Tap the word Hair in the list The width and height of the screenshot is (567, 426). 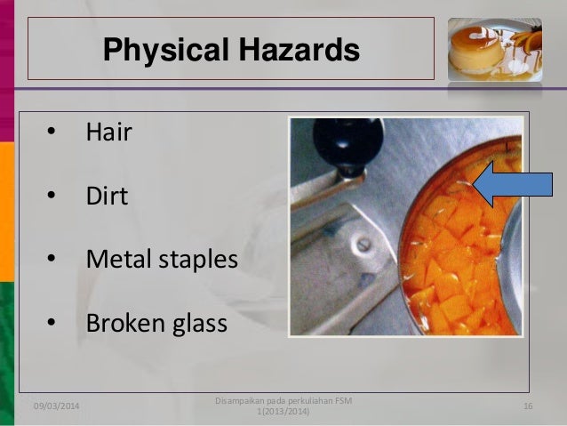[x=108, y=133]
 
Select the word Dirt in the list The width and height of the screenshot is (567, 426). [x=107, y=196]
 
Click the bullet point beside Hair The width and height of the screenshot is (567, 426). [x=52, y=134]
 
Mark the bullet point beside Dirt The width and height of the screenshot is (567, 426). [x=52, y=197]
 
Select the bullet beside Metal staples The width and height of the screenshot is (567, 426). [x=52, y=261]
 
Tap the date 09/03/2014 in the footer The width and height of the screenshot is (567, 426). [x=56, y=406]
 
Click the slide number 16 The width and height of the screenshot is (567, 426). [x=527, y=406]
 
